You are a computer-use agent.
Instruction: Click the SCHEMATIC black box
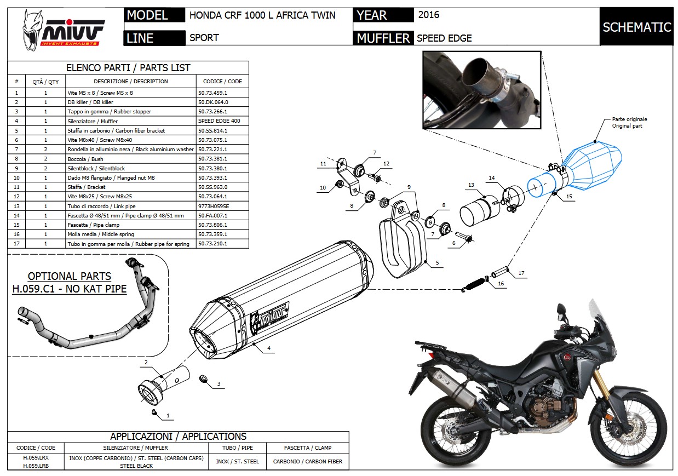(636, 27)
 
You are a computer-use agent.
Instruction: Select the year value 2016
(428, 15)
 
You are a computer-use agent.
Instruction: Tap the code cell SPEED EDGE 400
(219, 121)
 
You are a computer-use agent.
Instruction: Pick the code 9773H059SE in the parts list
(214, 206)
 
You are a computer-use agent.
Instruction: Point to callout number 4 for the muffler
(269, 348)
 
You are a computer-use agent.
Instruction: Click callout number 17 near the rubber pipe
(521, 273)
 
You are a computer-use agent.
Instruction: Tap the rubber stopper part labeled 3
(204, 379)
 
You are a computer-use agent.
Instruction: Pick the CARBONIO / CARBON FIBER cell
(307, 462)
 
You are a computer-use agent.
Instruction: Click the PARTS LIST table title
(128, 68)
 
